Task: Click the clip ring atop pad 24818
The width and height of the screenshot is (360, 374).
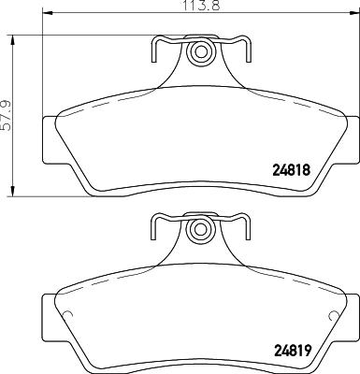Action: click(x=198, y=53)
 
